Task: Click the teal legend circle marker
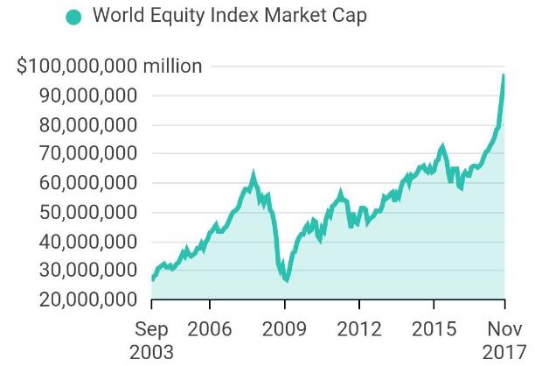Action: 73,17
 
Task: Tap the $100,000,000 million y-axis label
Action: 109,67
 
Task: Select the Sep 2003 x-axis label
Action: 151,340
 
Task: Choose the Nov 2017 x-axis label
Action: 504,340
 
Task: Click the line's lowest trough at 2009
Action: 286,281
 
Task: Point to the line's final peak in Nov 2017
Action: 504,75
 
